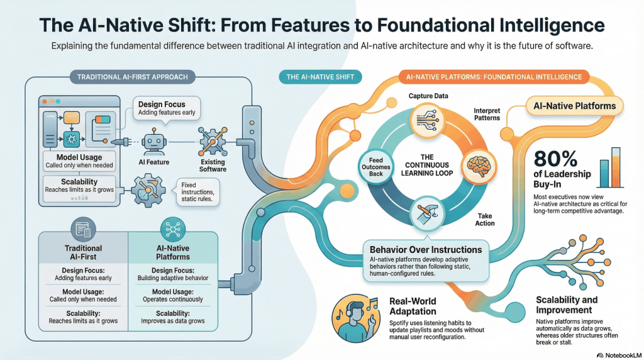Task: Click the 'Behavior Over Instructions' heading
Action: pos(426,250)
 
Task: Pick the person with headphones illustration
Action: pos(354,313)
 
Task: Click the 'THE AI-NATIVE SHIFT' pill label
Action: pos(320,77)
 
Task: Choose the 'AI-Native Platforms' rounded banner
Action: pos(574,106)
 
